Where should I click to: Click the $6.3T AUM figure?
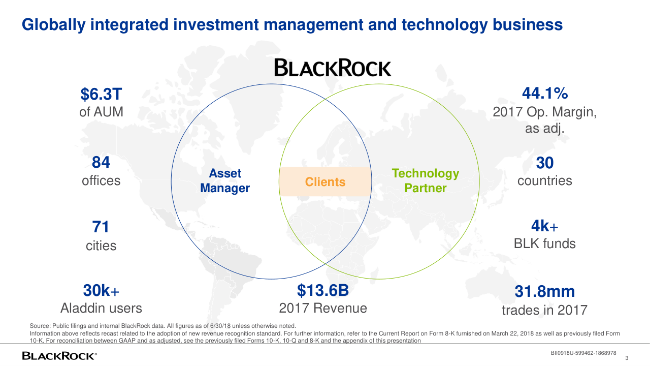[x=101, y=94]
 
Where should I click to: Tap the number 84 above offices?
[x=101, y=162]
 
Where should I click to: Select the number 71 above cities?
[x=101, y=227]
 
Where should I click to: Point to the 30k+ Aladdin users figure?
[x=101, y=290]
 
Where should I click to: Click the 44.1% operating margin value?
[x=545, y=93]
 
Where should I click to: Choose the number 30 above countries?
[x=545, y=163]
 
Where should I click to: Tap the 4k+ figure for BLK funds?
[x=545, y=226]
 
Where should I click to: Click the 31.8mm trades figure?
[x=545, y=291]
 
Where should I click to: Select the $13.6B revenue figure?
[x=322, y=290]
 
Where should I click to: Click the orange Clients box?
[x=325, y=181]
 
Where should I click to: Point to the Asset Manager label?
[x=225, y=180]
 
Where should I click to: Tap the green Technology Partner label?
[x=426, y=180]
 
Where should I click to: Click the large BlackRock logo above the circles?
[x=333, y=68]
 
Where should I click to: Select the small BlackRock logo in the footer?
[x=59, y=356]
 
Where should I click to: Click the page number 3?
[x=627, y=358]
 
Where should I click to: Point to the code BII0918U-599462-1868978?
[x=583, y=353]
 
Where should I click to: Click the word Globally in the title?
[x=54, y=25]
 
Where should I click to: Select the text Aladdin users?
[x=101, y=308]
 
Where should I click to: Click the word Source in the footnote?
[x=40, y=326]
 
